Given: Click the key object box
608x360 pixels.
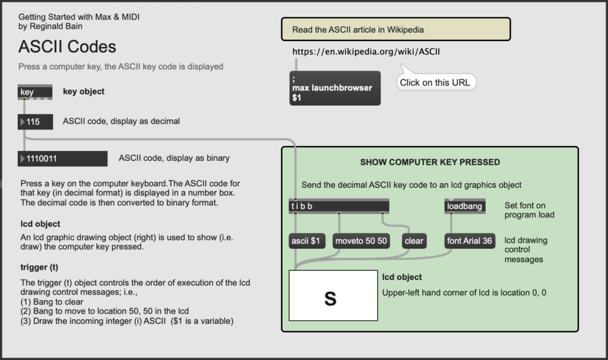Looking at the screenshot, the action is pos(35,92).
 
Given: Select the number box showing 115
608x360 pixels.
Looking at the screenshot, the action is pos(35,122).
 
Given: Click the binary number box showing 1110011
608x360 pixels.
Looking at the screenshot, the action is pos(62,159).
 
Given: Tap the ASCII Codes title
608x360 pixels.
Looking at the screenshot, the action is pos(67,46).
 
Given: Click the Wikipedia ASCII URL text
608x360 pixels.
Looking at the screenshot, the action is pos(366,52).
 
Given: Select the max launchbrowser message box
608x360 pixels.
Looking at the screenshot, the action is pos(335,88).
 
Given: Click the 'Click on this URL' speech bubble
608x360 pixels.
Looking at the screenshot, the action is pos(436,82).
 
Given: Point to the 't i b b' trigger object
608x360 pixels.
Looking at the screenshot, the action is pos(339,206).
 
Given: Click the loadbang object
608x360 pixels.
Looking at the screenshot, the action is pos(464,206).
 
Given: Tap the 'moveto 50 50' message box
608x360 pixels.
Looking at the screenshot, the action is pos(361,241).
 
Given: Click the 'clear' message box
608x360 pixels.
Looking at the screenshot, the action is pos(414,241).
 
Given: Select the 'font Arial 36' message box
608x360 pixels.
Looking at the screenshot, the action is pos(470,241).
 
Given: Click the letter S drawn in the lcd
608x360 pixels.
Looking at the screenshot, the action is pos(330,299).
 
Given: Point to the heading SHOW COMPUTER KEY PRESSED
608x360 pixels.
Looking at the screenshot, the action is pos(430,162).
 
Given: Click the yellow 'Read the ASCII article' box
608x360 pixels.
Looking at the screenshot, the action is pos(396,29).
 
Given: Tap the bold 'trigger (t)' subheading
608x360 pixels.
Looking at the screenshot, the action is pos(39,267).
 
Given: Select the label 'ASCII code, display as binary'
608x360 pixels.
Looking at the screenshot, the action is pos(174,158).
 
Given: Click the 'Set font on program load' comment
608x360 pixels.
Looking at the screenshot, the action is pos(529,210).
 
